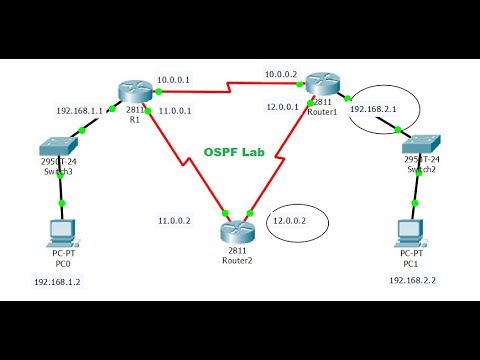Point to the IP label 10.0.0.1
tap(178, 78)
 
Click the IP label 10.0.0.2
tap(282, 74)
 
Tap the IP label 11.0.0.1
tap(177, 110)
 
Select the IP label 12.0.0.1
tap(286, 106)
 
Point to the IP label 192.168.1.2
tap(59, 282)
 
